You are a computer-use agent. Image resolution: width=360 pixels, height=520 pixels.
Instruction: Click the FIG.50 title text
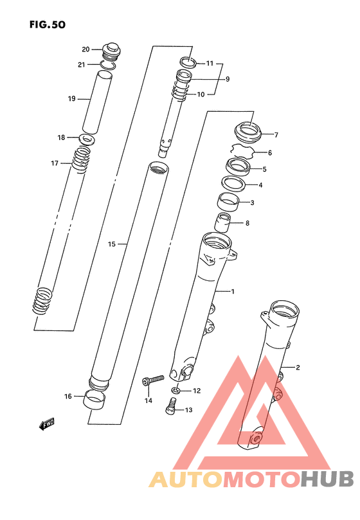click(x=48, y=24)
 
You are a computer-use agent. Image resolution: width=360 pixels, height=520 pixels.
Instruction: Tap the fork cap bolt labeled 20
click(x=111, y=51)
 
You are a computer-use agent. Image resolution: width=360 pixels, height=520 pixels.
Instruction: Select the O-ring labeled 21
click(x=108, y=65)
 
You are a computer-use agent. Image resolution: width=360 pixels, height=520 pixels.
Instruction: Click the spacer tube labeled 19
click(x=97, y=102)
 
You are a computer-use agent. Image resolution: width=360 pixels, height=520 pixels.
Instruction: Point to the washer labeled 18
click(x=87, y=139)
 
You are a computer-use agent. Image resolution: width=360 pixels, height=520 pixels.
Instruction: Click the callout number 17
click(x=55, y=163)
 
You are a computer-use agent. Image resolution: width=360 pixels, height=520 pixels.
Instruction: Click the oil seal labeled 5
click(x=239, y=167)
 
